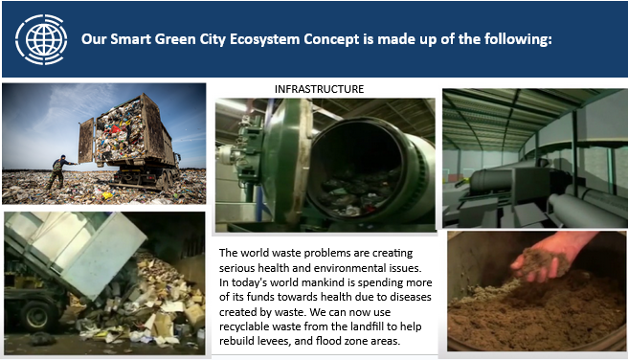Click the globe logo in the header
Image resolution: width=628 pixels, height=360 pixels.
41,39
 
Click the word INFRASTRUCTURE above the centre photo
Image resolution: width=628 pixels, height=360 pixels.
319,89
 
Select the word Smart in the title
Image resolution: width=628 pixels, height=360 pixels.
130,39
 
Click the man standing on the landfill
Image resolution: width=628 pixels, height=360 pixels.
59,172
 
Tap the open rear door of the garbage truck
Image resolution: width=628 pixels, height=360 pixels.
86,141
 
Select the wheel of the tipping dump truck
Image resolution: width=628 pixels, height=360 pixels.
36,315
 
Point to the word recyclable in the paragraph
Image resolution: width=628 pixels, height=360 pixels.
244,326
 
